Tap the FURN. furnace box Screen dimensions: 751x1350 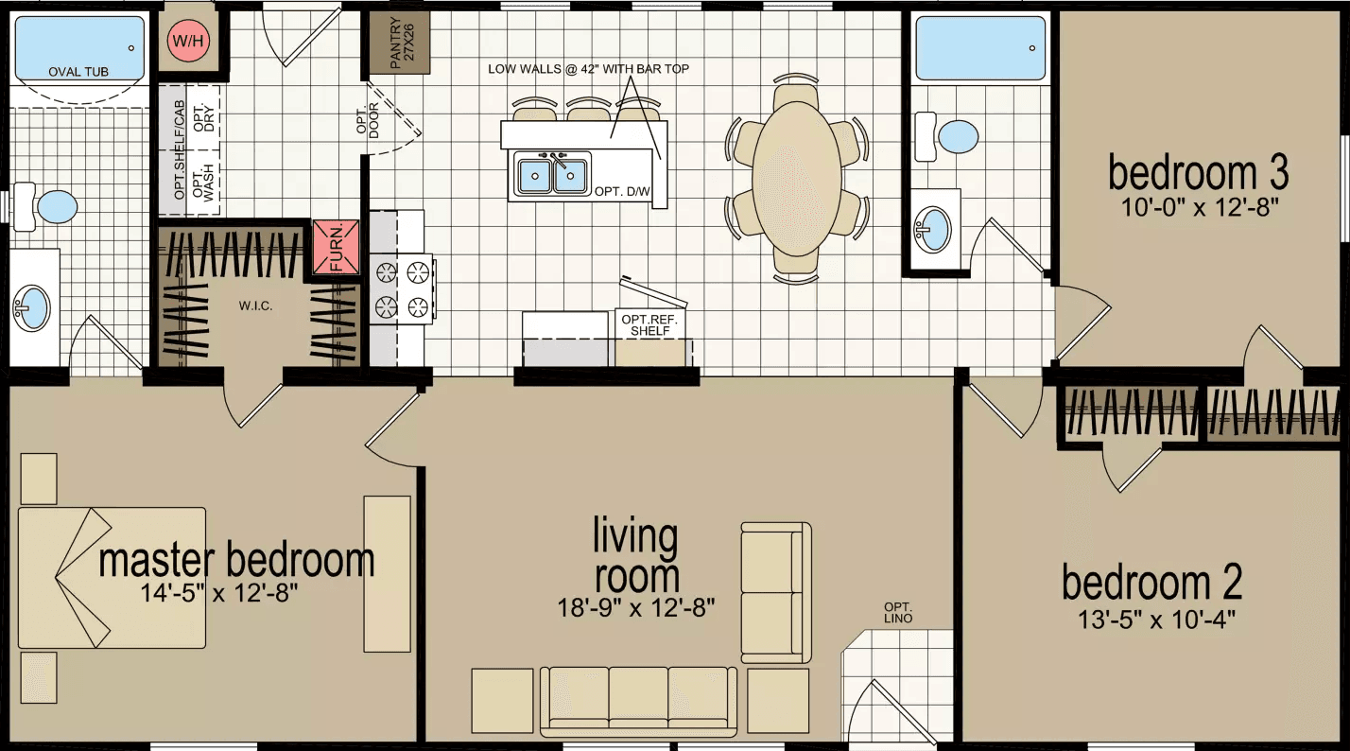337,247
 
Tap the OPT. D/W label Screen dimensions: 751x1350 622,191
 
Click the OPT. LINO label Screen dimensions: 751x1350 898,613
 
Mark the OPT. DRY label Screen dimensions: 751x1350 199,115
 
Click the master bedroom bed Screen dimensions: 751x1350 112,578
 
